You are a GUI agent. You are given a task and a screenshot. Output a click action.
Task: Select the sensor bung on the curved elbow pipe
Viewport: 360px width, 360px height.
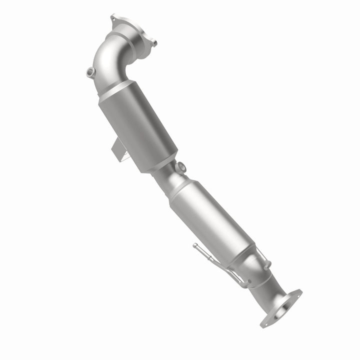point(90,72)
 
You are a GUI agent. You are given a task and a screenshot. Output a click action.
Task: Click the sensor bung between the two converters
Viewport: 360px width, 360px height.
point(181,167)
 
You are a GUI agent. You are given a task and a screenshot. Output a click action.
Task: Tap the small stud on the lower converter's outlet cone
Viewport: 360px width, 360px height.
point(268,263)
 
